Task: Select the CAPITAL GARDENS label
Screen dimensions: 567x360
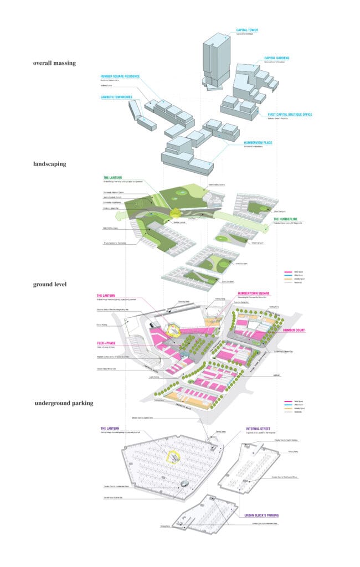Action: click(x=277, y=58)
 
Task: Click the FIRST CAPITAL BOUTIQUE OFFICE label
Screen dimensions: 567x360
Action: click(x=290, y=115)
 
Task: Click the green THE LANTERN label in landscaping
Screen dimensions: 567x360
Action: click(x=114, y=178)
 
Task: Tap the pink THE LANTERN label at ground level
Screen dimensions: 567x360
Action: click(x=107, y=296)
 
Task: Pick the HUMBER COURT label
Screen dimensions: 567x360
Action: click(x=295, y=330)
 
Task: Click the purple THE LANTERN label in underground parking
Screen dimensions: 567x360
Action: click(x=110, y=428)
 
